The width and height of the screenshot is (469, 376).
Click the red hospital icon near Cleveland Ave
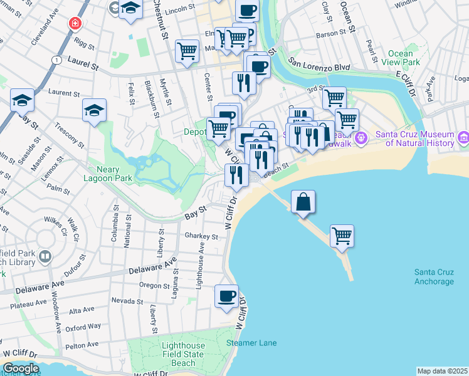(x=75, y=24)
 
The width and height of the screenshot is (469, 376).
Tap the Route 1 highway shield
(x=57, y=60)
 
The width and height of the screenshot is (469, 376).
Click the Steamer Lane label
(x=251, y=343)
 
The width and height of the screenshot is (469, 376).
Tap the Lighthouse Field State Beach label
(x=183, y=354)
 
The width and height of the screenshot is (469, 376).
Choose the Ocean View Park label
(x=404, y=58)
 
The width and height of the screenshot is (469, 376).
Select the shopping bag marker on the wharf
(x=303, y=202)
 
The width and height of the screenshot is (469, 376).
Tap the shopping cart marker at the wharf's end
(x=342, y=236)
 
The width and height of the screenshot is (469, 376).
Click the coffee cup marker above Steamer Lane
(x=226, y=296)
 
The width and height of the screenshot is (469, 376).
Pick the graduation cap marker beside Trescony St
(x=94, y=112)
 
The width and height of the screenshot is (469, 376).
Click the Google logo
(x=20, y=368)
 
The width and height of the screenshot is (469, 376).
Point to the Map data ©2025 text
(x=442, y=371)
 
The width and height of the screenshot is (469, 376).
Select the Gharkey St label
(x=201, y=237)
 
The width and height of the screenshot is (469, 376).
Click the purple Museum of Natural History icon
(x=463, y=137)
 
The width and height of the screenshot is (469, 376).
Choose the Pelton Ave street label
(x=82, y=345)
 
